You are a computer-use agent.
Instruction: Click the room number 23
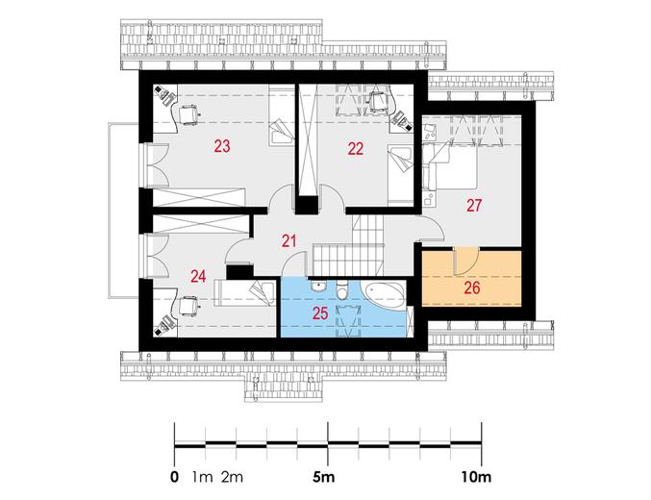(222, 146)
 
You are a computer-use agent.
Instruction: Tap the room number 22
(356, 148)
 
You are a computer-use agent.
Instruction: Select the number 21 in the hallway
(289, 240)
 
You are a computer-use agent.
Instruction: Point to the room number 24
(198, 276)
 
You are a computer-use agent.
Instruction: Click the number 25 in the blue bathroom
(320, 313)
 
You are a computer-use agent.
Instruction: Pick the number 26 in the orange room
(472, 287)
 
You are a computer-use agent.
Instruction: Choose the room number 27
(474, 205)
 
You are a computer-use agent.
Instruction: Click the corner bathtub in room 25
(385, 295)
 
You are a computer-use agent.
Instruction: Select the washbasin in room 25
(319, 287)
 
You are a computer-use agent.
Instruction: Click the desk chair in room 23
(188, 115)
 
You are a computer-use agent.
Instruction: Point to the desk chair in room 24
(188, 307)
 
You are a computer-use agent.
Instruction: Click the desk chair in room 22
(379, 101)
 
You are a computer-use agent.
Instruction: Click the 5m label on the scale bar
(324, 478)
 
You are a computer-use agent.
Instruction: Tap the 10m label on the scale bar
(477, 478)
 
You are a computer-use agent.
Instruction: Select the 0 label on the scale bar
(174, 478)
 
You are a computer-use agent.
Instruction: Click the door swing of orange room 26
(467, 262)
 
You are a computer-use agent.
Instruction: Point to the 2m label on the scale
(232, 478)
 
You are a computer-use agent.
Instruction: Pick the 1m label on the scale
(203, 478)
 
